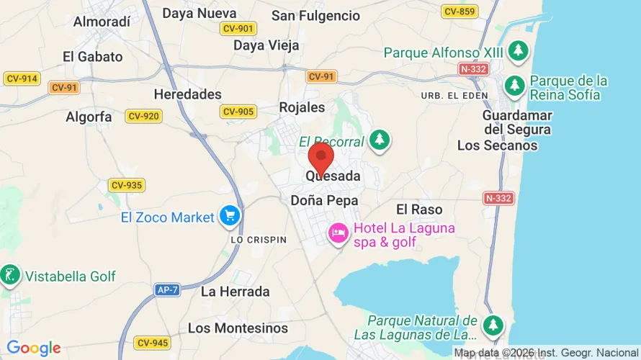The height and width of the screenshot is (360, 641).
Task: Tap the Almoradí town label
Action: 102,21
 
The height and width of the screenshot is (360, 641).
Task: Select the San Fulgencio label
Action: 315,15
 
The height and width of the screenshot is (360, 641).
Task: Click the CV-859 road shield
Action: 460,12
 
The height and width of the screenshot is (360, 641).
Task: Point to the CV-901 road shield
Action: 237,28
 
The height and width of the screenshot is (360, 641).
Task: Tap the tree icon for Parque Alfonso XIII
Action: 517,50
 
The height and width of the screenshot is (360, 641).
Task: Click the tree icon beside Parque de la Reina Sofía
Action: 514,86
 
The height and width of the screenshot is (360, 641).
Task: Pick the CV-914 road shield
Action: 22,78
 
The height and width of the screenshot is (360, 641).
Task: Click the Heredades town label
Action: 188,94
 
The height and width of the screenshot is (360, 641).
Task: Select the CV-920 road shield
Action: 143,116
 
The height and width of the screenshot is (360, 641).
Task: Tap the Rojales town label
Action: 302,107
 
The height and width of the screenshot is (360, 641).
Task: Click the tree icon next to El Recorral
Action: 380,140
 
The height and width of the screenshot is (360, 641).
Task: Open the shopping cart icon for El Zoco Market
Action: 230,215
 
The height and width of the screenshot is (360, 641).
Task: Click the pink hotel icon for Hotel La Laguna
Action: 337,233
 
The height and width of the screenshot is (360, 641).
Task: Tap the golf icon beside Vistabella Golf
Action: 10,274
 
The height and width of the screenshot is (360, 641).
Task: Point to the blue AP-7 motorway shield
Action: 168,289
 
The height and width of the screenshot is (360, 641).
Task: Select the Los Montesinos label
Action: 238,328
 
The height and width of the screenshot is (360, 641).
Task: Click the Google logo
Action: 34,348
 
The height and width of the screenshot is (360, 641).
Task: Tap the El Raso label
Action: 418,210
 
